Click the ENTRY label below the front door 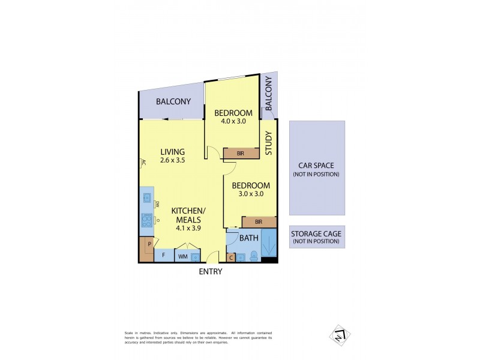tap(210, 271)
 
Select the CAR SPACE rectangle tap(316, 168)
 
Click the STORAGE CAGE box tap(316, 237)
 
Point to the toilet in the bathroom tap(254, 256)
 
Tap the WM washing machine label tap(182, 257)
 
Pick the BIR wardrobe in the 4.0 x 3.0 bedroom tap(240, 154)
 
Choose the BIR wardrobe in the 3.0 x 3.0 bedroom tap(259, 221)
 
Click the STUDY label tap(269, 143)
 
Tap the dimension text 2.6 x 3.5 tap(172, 161)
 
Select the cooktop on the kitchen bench tap(146, 220)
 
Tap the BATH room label tap(248, 238)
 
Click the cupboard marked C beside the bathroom tap(232, 257)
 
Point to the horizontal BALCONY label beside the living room tap(173, 102)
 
